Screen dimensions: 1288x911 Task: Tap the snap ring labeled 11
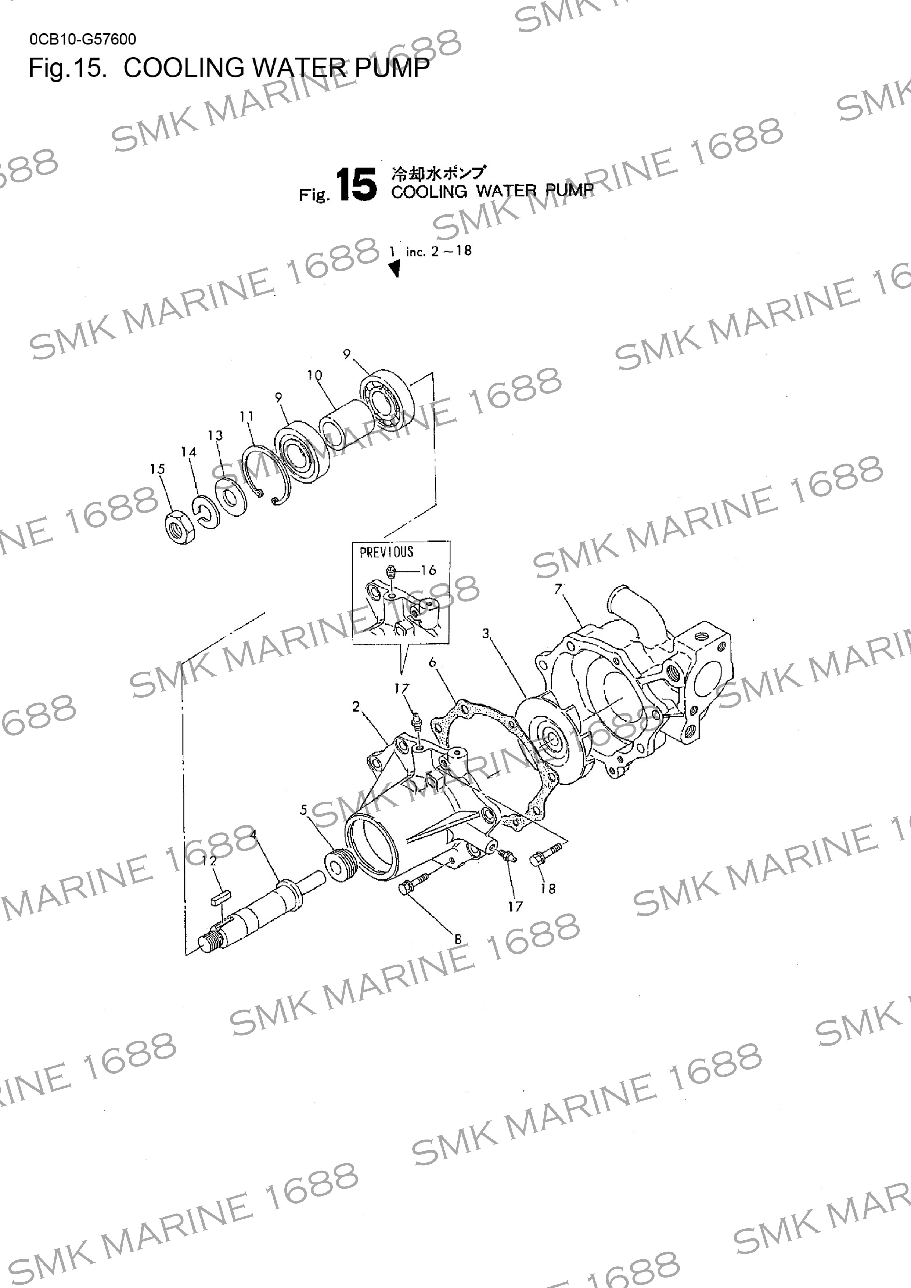(268, 476)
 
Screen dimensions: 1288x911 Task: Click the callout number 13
(215, 435)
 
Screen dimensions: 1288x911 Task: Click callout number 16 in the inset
(428, 571)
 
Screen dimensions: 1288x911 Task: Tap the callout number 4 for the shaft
(253, 834)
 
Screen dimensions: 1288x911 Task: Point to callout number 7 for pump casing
(558, 589)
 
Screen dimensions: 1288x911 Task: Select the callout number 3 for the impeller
(486, 633)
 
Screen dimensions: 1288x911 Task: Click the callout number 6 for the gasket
(432, 662)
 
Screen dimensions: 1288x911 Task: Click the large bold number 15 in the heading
(356, 185)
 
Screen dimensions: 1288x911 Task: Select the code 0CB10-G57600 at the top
(83, 39)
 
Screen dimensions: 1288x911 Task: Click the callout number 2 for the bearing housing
(356, 706)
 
